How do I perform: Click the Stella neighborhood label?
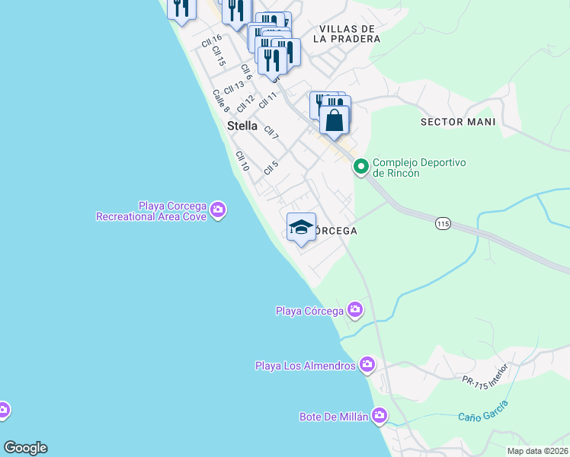pos(242,126)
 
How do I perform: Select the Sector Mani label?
pos(458,122)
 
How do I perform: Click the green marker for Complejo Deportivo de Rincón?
pos(360,165)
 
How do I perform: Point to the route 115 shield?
pos(444,223)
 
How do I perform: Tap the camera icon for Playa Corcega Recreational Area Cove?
pos(218,209)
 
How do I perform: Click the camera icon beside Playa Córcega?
pos(354,309)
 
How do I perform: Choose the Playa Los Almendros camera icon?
pos(367,365)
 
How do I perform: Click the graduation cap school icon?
pos(302,226)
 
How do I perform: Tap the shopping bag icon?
pos(334,120)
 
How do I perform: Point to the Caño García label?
pos(483,411)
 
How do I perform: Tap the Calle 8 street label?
pos(221,101)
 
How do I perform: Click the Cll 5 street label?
pos(271,168)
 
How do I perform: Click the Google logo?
pos(25,448)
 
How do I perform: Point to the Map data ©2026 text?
pos(538,451)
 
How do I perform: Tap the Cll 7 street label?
pos(271,132)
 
